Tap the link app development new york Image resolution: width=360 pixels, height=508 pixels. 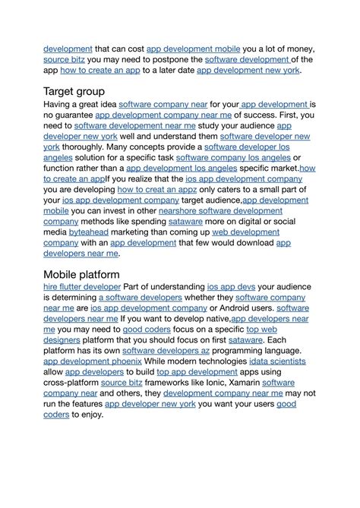point(248,70)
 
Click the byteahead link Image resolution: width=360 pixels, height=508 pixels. point(87,232)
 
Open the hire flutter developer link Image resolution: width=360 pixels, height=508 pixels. point(82,287)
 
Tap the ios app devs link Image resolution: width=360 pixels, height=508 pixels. point(231,287)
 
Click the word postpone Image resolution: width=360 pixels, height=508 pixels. point(181,59)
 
